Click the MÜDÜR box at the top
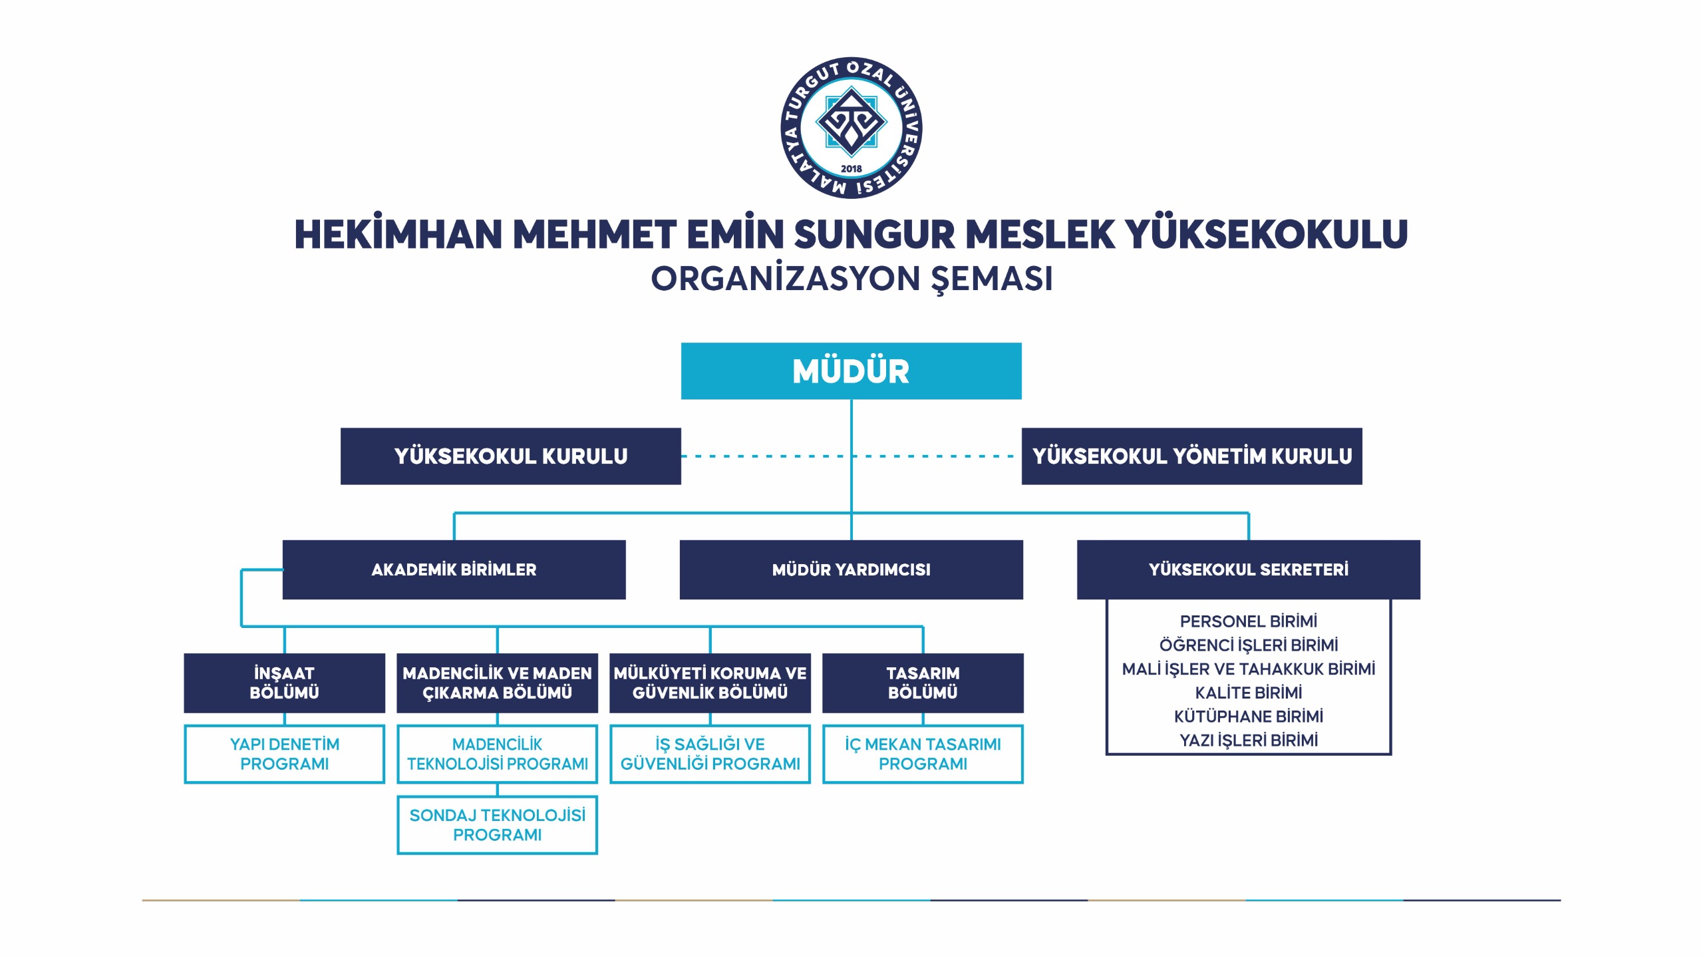(851, 371)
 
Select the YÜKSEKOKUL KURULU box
(511, 456)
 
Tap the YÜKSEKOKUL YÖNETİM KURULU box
(1192, 456)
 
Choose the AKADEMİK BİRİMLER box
(454, 569)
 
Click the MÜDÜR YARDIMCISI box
(851, 569)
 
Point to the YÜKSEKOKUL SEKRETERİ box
(1249, 569)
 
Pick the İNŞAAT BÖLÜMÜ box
(285, 683)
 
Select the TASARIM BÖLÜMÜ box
(923, 683)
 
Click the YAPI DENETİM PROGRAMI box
(285, 754)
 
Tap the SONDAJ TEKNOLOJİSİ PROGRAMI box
(498, 825)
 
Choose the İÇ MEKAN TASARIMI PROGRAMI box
(923, 754)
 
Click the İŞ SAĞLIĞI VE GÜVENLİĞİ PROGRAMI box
(710, 754)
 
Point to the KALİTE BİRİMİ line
(1249, 693)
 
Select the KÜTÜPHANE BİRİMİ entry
(1249, 717)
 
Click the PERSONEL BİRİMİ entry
(1249, 621)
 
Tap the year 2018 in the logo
(851, 169)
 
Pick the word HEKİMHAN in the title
(398, 234)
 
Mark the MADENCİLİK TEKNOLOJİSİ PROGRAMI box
(498, 754)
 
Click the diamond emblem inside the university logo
(851, 122)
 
